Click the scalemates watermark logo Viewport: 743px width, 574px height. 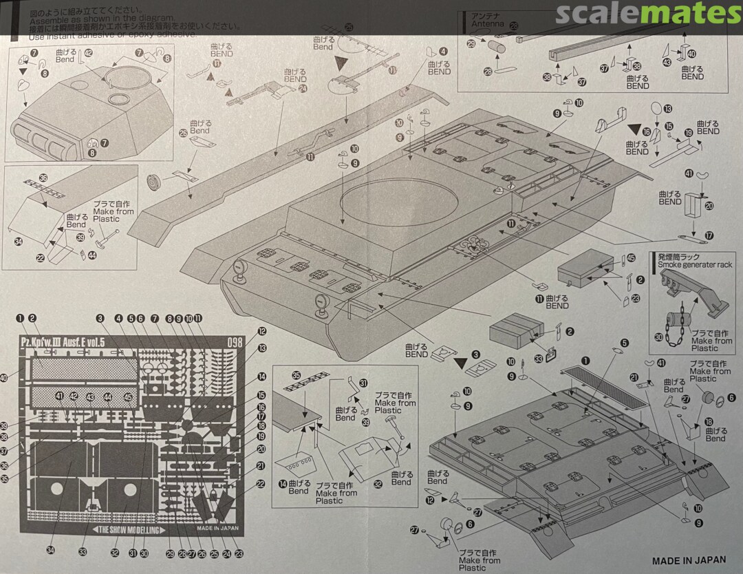point(648,14)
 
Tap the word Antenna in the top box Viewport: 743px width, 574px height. point(488,24)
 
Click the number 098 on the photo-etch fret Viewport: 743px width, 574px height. point(235,343)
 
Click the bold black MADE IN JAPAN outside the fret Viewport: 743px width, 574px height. point(693,561)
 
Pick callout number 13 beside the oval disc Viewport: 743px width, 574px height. point(667,109)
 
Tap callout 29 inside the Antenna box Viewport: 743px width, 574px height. point(471,43)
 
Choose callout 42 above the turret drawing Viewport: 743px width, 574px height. point(88,53)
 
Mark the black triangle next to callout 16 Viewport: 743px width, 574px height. point(634,127)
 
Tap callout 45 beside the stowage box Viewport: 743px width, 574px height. point(629,259)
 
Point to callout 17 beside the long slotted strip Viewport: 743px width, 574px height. point(709,235)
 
